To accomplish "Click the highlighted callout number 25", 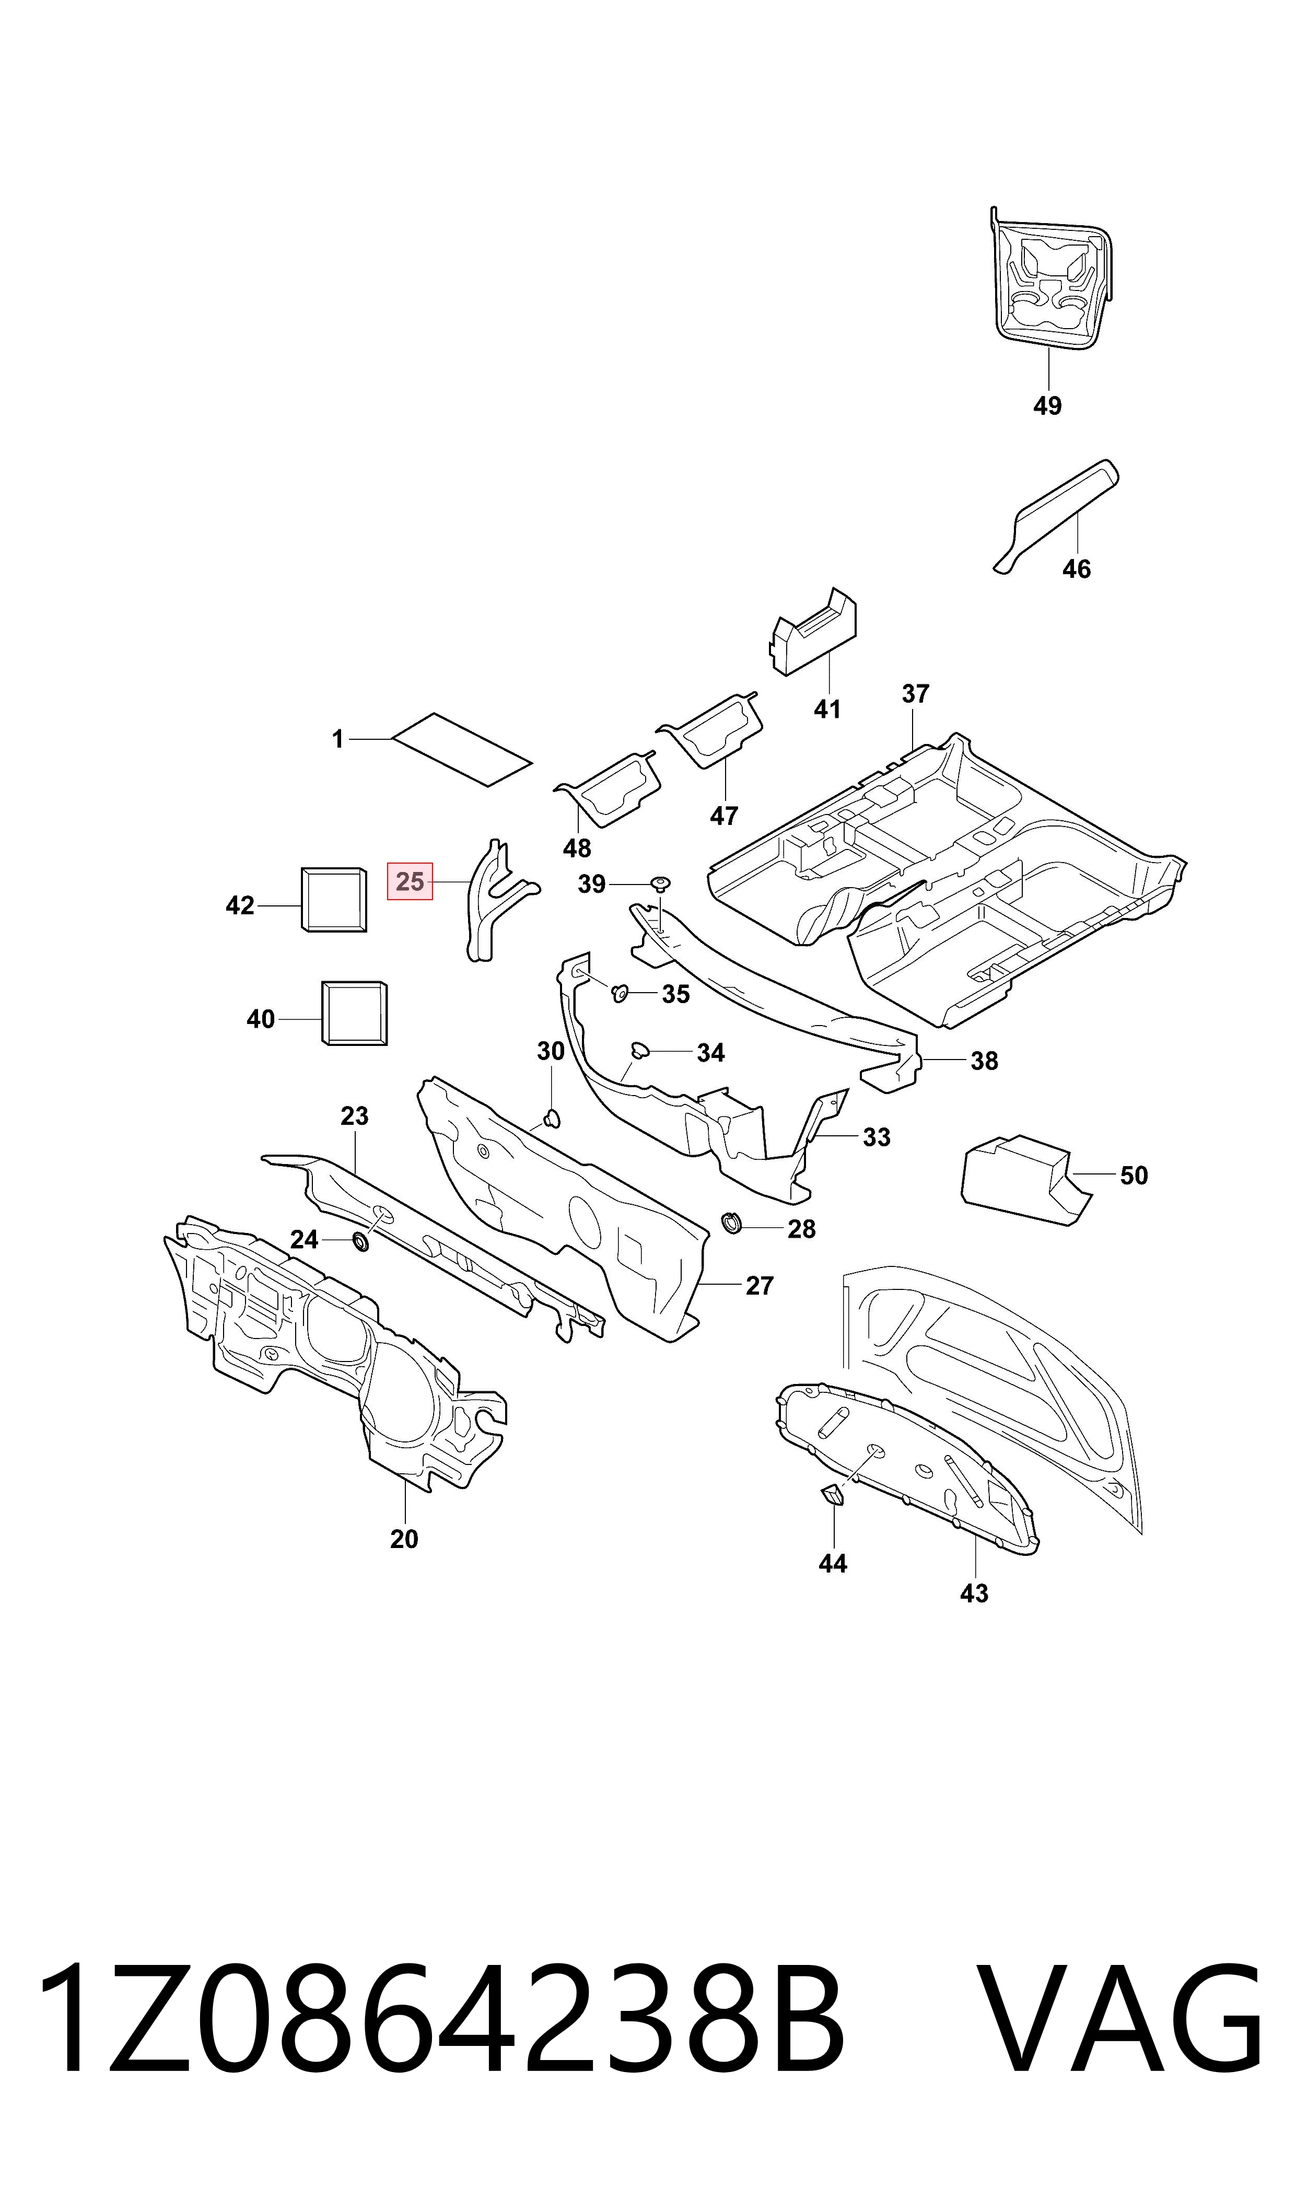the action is pos(410,881).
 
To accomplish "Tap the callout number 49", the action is pos(1047,406).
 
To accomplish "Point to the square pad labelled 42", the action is pos(334,900).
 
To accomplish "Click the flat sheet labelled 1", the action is pos(462,749).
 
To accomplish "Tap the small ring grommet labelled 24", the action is pos(359,1240).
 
